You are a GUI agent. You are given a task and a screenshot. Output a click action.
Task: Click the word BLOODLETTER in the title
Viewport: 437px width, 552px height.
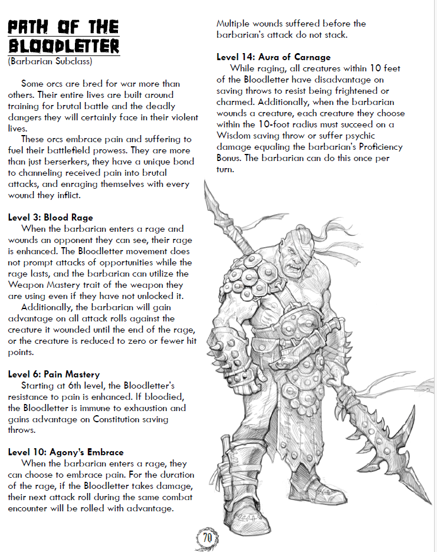pos(63,46)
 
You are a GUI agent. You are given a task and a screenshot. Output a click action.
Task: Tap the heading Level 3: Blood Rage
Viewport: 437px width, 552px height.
pos(50,218)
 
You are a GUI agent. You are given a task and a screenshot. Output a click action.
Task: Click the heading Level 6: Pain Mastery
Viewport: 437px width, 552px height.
pos(54,374)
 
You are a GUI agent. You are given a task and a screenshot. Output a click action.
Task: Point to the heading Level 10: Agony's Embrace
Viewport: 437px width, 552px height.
pos(65,452)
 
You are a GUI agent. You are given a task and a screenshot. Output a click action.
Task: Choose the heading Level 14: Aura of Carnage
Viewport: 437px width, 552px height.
pos(274,57)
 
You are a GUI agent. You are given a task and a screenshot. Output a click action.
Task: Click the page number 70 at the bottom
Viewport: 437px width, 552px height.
pos(207,538)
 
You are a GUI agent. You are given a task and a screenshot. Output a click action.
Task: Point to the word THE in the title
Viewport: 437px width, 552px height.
pos(98,27)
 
